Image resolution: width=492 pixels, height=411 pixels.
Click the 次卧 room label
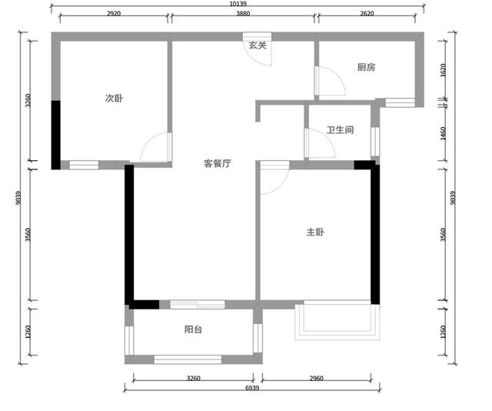[114, 99]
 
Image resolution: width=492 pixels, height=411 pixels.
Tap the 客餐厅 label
[218, 163]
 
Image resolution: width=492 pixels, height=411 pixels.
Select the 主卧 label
[315, 232]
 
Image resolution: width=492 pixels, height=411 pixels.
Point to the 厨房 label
[366, 67]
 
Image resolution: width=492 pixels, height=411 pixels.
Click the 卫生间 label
[340, 130]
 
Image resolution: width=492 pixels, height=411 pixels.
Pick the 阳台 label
[193, 329]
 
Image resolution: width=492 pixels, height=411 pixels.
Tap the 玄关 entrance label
[258, 45]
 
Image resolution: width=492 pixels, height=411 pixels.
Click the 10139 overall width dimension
[238, 4]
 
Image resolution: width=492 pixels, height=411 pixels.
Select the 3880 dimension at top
[243, 14]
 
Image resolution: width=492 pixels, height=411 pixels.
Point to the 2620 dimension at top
[367, 14]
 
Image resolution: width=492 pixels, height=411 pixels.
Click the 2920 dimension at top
[114, 14]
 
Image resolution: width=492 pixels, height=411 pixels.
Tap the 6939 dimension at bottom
[252, 388]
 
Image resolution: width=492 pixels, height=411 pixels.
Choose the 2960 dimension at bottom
[316, 379]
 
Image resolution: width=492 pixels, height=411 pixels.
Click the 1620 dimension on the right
[443, 70]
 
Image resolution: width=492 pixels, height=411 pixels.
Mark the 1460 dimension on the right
[443, 133]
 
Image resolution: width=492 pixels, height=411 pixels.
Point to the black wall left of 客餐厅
[129, 235]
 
